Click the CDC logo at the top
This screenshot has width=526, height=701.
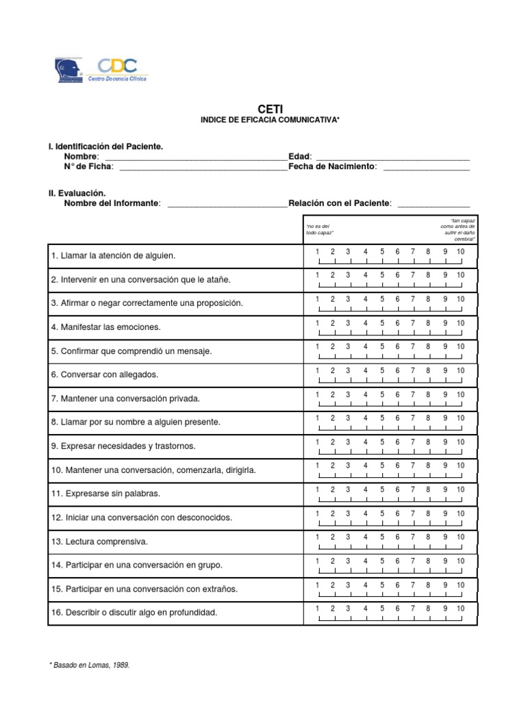click(x=116, y=68)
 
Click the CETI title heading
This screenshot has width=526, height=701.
click(x=269, y=109)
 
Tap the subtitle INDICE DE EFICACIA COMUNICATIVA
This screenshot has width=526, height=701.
click(x=269, y=120)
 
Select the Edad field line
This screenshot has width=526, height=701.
click(x=392, y=157)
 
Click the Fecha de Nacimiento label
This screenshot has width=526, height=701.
click(x=332, y=166)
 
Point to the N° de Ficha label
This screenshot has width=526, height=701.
click(x=88, y=166)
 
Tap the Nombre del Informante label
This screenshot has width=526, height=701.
click(x=112, y=203)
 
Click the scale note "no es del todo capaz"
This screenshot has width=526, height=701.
click(x=318, y=229)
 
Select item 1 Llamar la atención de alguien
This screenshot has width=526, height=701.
click(x=113, y=255)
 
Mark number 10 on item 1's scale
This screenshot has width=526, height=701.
click(x=460, y=251)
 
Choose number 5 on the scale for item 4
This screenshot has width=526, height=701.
click(x=381, y=322)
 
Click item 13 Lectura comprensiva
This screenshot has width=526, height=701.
click(x=99, y=541)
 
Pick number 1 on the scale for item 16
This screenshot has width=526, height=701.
click(x=317, y=609)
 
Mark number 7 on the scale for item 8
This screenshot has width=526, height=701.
click(x=413, y=418)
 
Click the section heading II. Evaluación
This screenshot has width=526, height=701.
click(x=77, y=194)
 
